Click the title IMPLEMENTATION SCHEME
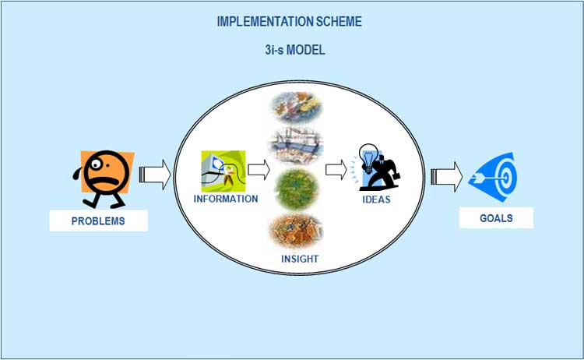tap(290, 22)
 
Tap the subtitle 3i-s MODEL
tap(295, 50)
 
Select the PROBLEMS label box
tap(98, 221)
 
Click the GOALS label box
tap(496, 218)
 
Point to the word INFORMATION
tap(226, 199)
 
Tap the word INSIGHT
tap(300, 259)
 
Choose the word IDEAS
tap(377, 199)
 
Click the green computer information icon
tap(223, 171)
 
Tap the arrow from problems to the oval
tap(155, 175)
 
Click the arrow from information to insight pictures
tap(259, 170)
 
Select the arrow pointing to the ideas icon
tap(336, 170)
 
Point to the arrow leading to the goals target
tap(447, 177)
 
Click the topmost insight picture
tap(297, 108)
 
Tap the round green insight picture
tap(297, 189)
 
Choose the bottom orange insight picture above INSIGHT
tap(296, 231)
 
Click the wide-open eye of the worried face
tap(96, 164)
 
